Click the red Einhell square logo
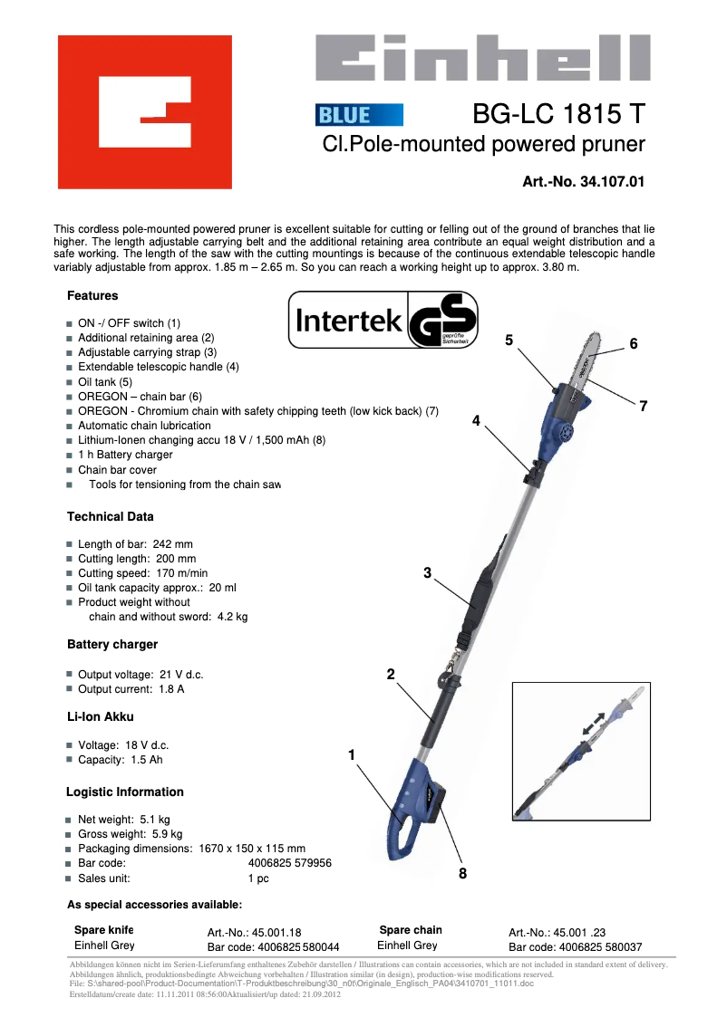(x=145, y=111)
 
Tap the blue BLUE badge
(x=359, y=115)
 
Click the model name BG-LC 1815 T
(x=558, y=114)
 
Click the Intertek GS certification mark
(x=383, y=321)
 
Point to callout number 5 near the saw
(x=509, y=340)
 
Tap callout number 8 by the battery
(x=462, y=874)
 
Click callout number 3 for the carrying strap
(x=427, y=572)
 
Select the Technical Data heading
(x=111, y=516)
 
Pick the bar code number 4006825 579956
(x=283, y=863)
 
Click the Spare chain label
(x=411, y=930)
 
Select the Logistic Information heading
(x=125, y=792)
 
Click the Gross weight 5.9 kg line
(x=130, y=834)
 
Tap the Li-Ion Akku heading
(x=100, y=716)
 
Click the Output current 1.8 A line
(x=131, y=689)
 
